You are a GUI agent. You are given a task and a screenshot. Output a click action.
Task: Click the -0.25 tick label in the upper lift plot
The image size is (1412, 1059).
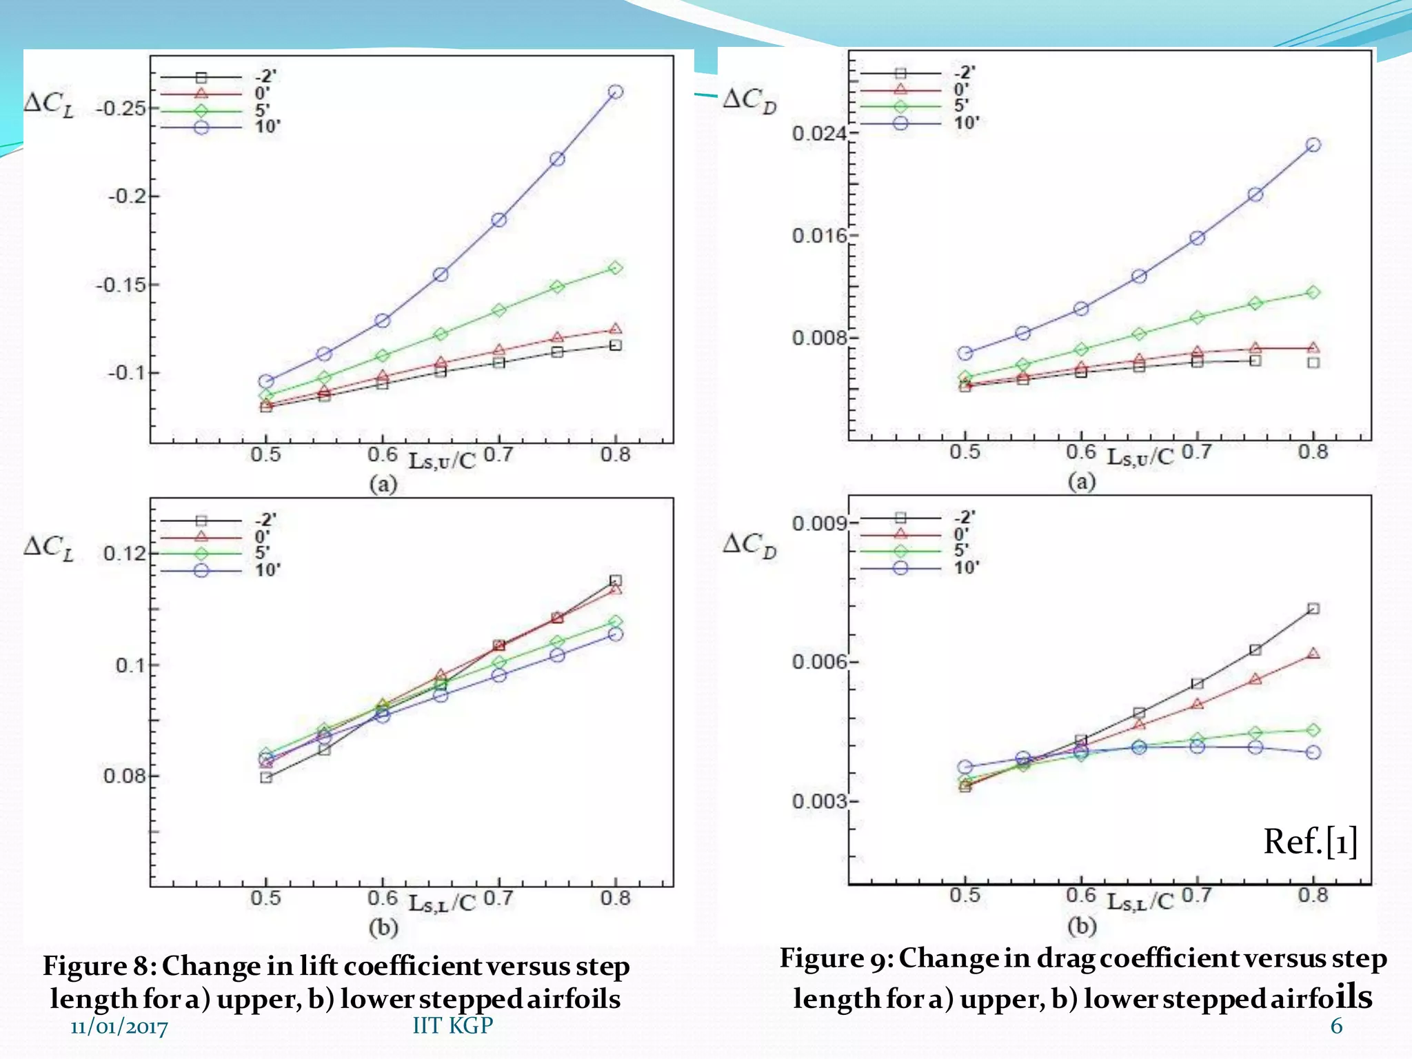[x=121, y=109]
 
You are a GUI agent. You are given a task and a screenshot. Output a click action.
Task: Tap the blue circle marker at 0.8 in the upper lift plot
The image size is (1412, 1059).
[x=616, y=92]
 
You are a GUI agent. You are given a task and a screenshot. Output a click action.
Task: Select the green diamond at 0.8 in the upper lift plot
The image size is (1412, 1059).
[x=616, y=268]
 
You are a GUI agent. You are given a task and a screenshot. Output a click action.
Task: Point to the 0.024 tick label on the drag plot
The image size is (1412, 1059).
[x=818, y=133]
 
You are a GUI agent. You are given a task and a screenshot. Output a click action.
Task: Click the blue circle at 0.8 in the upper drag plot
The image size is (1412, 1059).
[x=1313, y=145]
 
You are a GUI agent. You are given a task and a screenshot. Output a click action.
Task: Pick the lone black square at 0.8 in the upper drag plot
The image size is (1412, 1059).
[x=1313, y=363]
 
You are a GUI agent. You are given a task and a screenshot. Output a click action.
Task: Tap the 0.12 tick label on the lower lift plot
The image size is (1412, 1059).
[x=125, y=554]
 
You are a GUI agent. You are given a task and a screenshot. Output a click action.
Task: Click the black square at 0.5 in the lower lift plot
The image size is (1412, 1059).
[x=266, y=778]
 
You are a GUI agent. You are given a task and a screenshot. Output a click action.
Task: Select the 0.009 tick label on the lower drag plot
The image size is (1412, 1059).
[x=818, y=524]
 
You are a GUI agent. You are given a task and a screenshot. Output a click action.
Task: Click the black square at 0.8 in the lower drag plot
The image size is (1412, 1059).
[x=1313, y=609]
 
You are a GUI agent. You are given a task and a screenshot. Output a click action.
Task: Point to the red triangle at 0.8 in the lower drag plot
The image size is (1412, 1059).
[x=1313, y=654]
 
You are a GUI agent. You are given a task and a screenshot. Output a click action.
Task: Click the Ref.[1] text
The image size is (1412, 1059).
[x=1310, y=842]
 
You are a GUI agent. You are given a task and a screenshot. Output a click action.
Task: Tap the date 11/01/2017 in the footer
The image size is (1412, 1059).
[x=119, y=1027]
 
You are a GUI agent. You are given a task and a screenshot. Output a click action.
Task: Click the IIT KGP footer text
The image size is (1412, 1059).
[x=452, y=1025]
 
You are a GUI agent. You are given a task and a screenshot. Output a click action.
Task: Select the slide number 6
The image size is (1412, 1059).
[x=1336, y=1026]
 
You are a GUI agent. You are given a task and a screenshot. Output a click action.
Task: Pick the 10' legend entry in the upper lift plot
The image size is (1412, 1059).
[x=268, y=127]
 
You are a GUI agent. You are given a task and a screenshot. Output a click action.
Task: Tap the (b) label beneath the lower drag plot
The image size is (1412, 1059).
[x=1081, y=926]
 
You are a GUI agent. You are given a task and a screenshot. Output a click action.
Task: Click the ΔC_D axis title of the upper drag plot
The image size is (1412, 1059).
[x=749, y=101]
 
